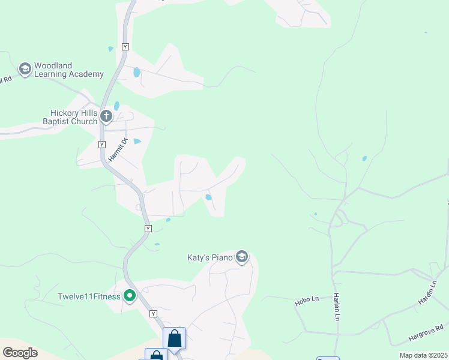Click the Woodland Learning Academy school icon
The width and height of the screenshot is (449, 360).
25,69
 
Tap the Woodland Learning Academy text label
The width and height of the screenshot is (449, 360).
69,70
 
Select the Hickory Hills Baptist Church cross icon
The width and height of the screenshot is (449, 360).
106,116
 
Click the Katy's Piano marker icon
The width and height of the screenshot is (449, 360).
242,257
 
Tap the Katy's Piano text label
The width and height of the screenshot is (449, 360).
210,257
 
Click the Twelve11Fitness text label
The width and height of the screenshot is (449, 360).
89,296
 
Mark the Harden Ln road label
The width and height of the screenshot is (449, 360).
426,292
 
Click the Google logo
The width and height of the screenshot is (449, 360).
20,352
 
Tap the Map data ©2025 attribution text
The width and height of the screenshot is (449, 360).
423,355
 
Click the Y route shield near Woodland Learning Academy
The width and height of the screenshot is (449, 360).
125,46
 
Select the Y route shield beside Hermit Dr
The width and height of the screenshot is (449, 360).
101,145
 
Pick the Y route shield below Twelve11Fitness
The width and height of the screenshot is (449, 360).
153,314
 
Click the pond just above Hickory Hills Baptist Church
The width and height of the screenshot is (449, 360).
116,106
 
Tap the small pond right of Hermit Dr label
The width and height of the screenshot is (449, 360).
137,142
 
